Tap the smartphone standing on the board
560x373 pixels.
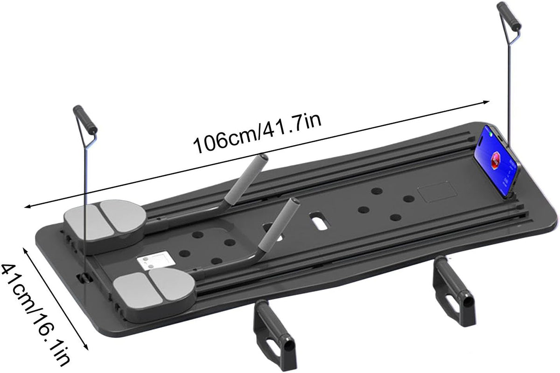[x=497, y=163]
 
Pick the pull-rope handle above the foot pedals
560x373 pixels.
[x=85, y=119]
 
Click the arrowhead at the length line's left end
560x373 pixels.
[x=28, y=206]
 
